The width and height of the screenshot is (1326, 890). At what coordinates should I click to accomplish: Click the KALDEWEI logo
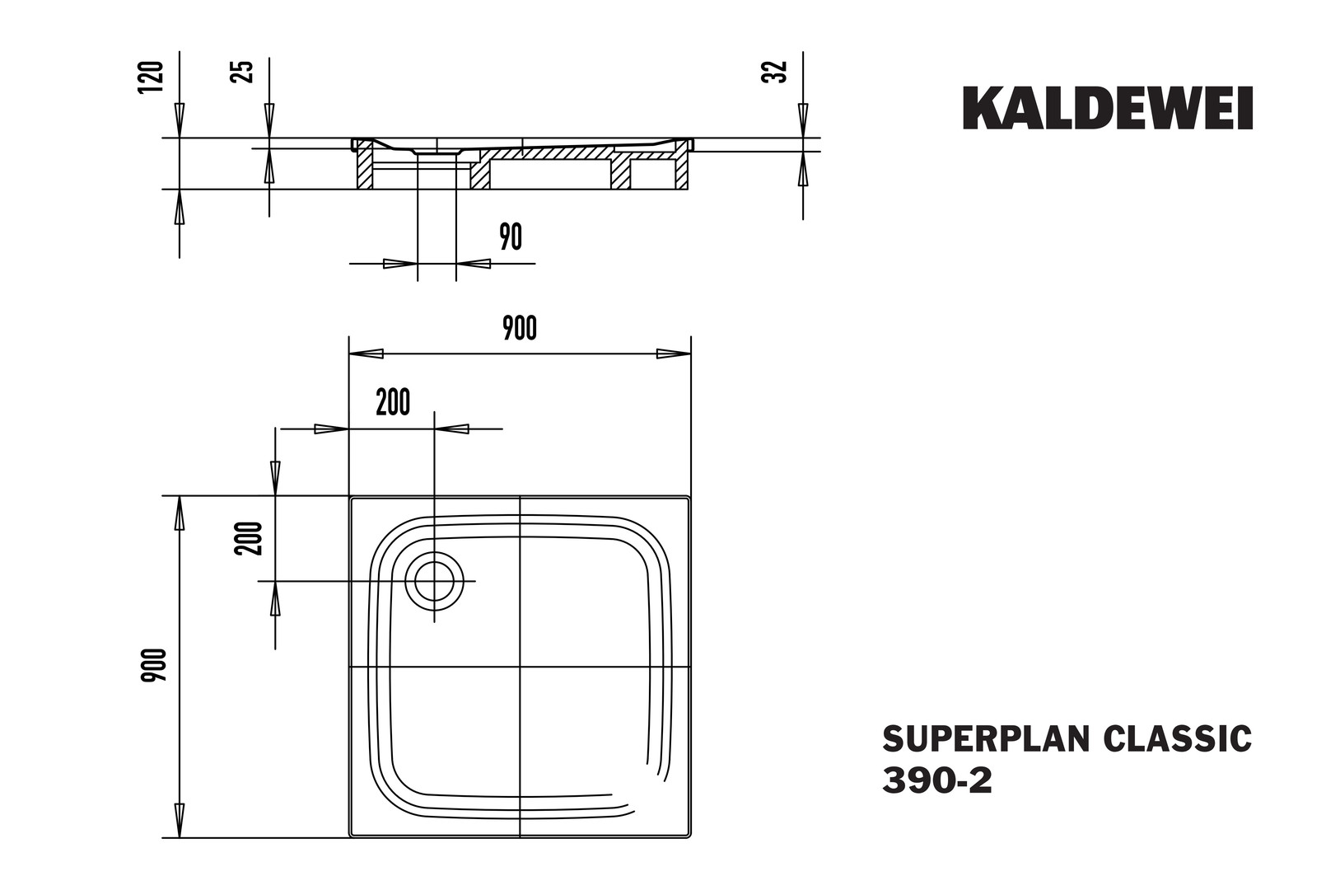coord(1108,109)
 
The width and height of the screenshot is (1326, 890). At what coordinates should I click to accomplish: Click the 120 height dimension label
coord(152,77)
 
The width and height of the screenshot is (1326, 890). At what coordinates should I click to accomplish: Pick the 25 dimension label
coord(243,73)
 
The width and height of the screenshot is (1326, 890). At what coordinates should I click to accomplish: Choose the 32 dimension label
coord(777,73)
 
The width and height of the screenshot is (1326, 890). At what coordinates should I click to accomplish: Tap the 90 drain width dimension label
coord(511,237)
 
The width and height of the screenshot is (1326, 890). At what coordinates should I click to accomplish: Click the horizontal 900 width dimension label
coord(520,328)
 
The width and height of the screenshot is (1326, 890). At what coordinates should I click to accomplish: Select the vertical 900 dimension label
coord(154,666)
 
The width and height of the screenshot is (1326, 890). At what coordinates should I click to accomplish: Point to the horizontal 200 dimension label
coord(393,403)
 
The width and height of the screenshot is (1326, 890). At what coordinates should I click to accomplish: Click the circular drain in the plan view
coord(434,582)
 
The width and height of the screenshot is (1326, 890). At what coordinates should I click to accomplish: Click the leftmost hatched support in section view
coord(364,170)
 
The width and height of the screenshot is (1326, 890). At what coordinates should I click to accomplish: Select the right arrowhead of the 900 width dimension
coord(674,354)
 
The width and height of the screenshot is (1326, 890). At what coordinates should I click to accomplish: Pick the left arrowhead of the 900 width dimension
coord(366,354)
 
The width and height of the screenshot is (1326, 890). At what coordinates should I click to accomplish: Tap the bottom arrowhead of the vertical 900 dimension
coord(179,820)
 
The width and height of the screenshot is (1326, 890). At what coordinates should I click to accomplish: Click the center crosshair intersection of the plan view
coord(520,667)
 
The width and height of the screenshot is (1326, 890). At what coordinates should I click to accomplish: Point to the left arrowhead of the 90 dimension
coord(401,264)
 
